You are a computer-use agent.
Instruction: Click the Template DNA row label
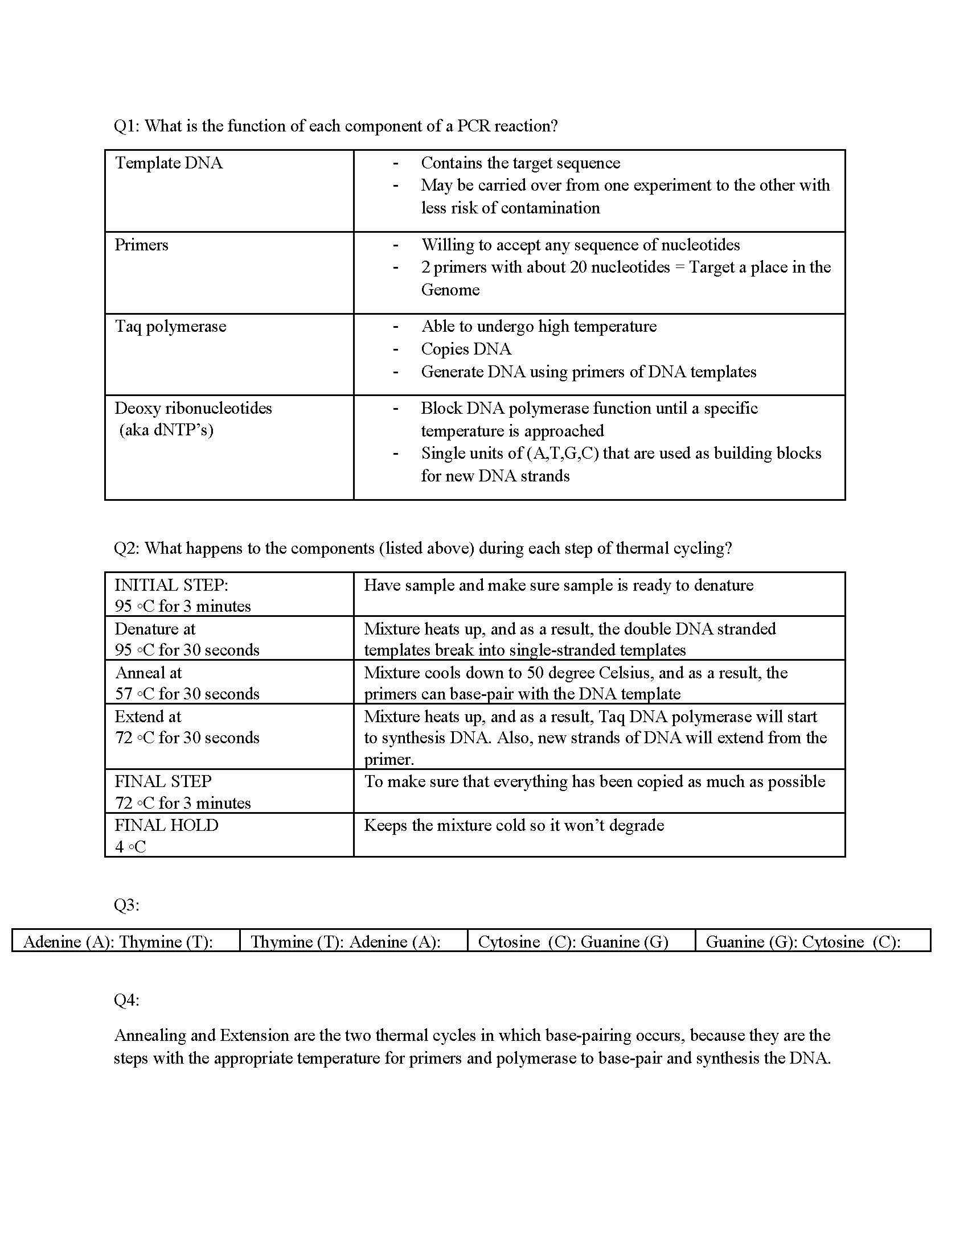pyautogui.click(x=169, y=163)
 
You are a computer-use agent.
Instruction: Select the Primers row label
pyautogui.click(x=141, y=245)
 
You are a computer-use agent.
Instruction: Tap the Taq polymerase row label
pyautogui.click(x=170, y=327)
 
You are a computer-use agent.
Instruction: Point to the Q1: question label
pyautogui.click(x=127, y=126)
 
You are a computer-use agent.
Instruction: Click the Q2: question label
pyautogui.click(x=127, y=549)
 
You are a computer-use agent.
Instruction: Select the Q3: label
pyautogui.click(x=127, y=905)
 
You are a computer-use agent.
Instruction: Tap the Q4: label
pyautogui.click(x=127, y=1000)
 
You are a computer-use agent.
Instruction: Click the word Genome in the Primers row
pyautogui.click(x=450, y=290)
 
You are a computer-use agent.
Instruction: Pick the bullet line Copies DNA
pyautogui.click(x=466, y=349)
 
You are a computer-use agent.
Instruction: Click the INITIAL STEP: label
pyautogui.click(x=171, y=585)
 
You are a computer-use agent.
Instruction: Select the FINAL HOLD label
pyautogui.click(x=166, y=826)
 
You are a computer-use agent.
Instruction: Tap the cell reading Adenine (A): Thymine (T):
pyautogui.click(x=118, y=942)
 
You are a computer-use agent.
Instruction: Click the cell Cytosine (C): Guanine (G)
pyautogui.click(x=573, y=942)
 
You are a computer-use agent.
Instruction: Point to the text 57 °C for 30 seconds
pyautogui.click(x=187, y=694)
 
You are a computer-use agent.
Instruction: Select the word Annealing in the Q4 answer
pyautogui.click(x=150, y=1036)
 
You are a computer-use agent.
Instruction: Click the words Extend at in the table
pyautogui.click(x=148, y=716)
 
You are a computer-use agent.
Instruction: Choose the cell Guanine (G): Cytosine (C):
pyautogui.click(x=803, y=942)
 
